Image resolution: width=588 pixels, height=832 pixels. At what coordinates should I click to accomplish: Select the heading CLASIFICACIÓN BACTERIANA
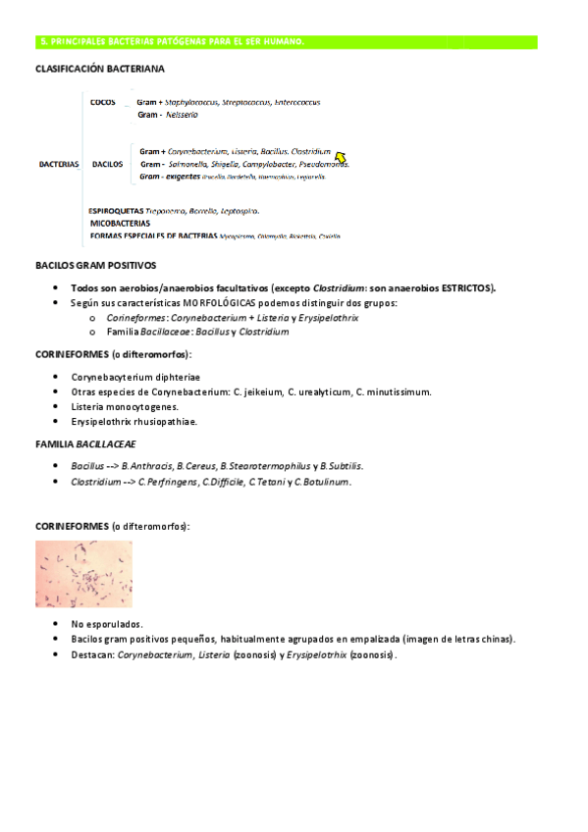[x=100, y=70]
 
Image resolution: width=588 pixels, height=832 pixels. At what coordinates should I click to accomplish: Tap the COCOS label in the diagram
[x=102, y=102]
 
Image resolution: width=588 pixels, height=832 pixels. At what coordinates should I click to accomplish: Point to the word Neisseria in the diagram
[x=182, y=115]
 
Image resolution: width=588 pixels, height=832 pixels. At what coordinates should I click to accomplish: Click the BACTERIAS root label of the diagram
[x=59, y=165]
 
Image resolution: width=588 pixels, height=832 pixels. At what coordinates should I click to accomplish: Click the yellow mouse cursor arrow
[x=341, y=157]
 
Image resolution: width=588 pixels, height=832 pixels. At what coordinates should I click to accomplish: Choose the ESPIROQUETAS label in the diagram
[x=116, y=211]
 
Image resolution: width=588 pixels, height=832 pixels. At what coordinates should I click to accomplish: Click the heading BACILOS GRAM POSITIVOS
[x=95, y=266]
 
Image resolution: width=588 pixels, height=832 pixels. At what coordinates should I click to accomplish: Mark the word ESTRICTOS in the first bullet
[x=467, y=287]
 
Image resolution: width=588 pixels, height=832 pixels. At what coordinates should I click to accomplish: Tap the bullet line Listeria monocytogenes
[x=125, y=406]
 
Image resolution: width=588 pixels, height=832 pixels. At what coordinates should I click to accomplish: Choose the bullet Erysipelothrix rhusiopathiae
[x=134, y=421]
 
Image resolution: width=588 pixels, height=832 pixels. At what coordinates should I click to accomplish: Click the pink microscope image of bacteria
[x=83, y=574]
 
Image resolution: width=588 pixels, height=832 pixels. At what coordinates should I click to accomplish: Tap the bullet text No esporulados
[x=107, y=624]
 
